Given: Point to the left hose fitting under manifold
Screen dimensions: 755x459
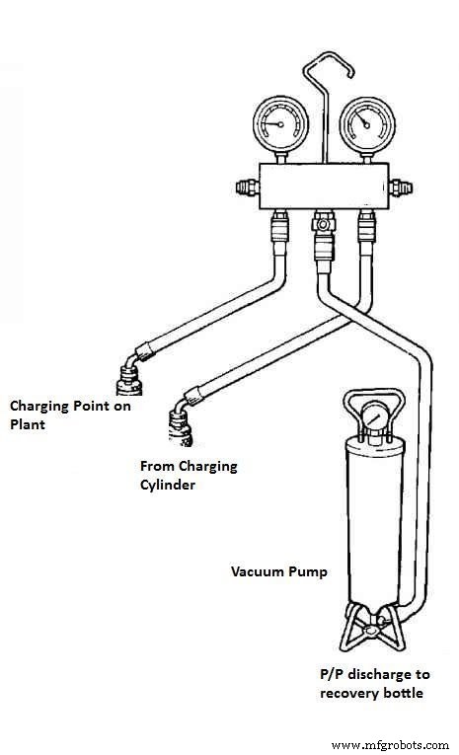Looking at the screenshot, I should (x=279, y=233).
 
